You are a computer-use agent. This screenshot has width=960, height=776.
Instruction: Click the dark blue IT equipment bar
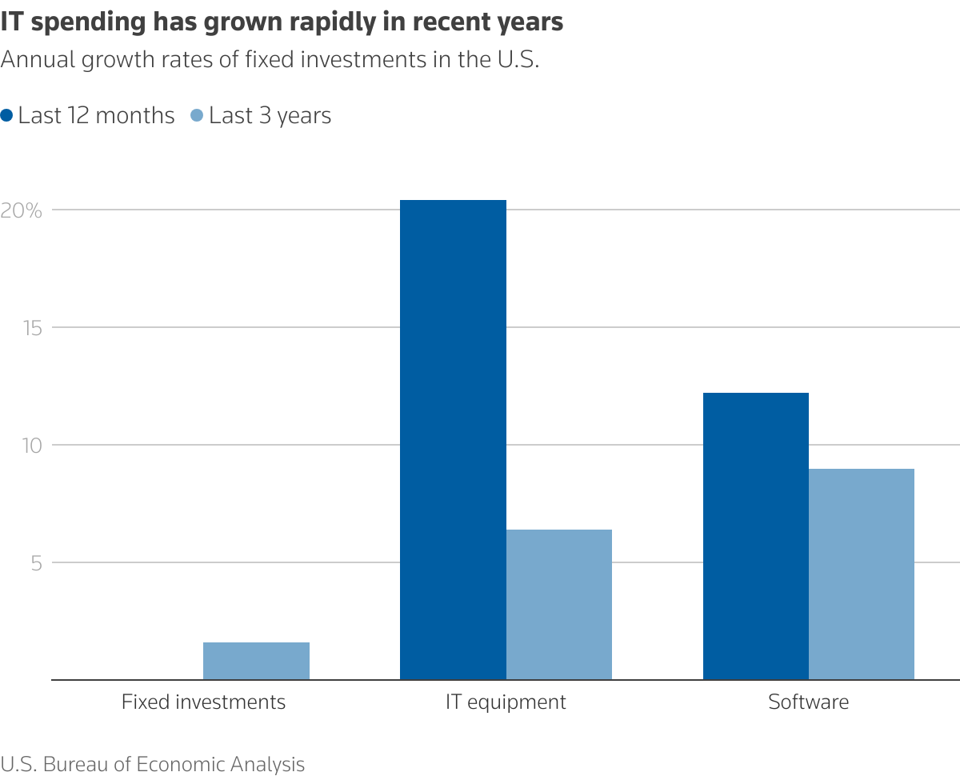tap(453, 439)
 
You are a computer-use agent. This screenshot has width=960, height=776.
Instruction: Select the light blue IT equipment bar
tap(559, 604)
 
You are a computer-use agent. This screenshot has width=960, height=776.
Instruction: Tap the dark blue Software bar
tap(756, 536)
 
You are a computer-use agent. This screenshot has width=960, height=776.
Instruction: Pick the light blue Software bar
tap(862, 574)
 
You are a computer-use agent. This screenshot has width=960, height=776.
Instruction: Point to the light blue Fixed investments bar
tap(256, 661)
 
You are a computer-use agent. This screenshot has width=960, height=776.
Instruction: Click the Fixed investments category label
tap(203, 702)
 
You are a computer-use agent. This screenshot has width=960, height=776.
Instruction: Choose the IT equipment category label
tap(506, 702)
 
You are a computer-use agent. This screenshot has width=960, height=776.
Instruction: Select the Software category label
tap(808, 702)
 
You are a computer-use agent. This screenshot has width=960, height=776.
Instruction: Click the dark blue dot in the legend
tap(7, 115)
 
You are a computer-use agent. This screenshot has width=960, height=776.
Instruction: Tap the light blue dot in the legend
tap(198, 115)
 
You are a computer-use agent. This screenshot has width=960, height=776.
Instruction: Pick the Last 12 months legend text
tap(96, 116)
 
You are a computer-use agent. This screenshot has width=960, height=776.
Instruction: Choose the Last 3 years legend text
tap(270, 116)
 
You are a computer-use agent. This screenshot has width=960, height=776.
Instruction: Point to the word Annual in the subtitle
tap(36, 61)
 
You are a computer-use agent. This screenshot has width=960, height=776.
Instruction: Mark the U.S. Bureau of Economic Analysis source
tap(153, 764)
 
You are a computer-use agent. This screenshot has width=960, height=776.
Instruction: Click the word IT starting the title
tap(11, 23)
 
